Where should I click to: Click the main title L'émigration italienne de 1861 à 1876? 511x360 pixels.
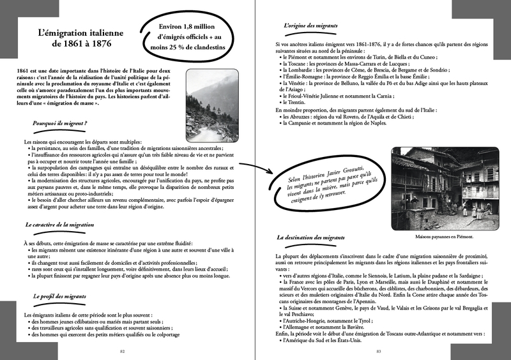pos(75,37)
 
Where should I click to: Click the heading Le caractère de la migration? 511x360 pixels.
pos(59,225)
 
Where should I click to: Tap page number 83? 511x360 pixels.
pos(378,351)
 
